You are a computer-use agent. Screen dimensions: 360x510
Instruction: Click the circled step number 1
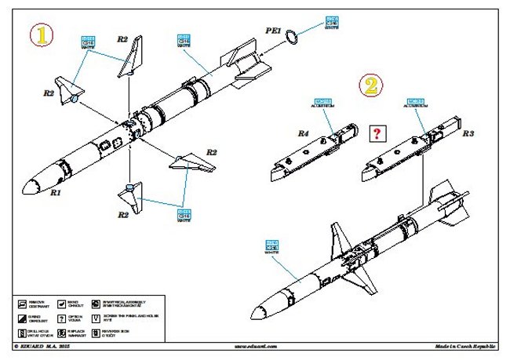click(x=42, y=35)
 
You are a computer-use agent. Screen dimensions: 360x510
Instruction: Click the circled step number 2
click(x=372, y=85)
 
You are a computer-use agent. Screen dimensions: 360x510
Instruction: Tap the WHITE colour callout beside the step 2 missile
click(x=272, y=247)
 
